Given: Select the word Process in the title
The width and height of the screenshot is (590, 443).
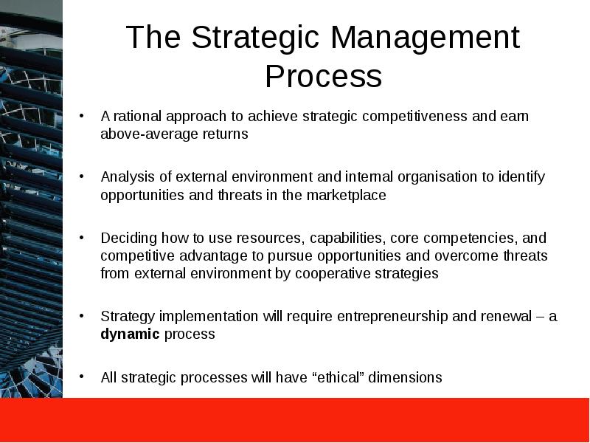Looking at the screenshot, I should click(x=323, y=77).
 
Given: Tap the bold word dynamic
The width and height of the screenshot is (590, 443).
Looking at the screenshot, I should click(x=130, y=334).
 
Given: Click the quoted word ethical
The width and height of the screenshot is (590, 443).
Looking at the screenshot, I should click(x=341, y=377).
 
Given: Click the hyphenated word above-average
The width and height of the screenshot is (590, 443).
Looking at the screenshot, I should click(x=145, y=134).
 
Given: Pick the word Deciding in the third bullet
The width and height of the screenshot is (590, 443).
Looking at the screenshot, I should click(x=126, y=238).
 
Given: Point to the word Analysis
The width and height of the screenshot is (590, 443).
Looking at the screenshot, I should click(x=125, y=177).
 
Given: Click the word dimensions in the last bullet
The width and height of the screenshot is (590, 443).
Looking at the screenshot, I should click(x=406, y=377).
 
